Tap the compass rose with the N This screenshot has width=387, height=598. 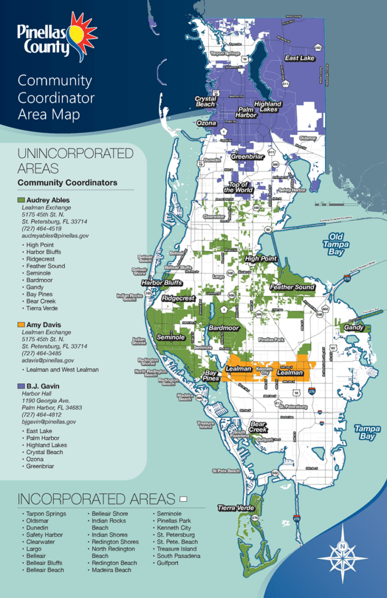tap(343, 552)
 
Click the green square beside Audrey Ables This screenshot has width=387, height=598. tap(22, 200)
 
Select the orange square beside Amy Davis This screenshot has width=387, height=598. tap(22, 325)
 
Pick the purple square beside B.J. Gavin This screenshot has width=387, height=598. tap(22, 386)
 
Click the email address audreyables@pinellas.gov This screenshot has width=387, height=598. tap(55, 235)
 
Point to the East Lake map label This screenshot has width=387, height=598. tap(299, 58)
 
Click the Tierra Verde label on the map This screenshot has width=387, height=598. tap(235, 508)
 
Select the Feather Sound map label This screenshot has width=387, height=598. tap(292, 287)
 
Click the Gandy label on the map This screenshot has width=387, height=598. tap(354, 328)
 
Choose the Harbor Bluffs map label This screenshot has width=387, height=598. tap(162, 283)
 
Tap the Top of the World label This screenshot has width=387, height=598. tap(239, 187)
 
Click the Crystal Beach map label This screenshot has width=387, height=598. tap(205, 102)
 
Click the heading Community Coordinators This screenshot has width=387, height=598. tap(67, 183)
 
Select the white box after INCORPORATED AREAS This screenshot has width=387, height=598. tap(183, 499)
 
